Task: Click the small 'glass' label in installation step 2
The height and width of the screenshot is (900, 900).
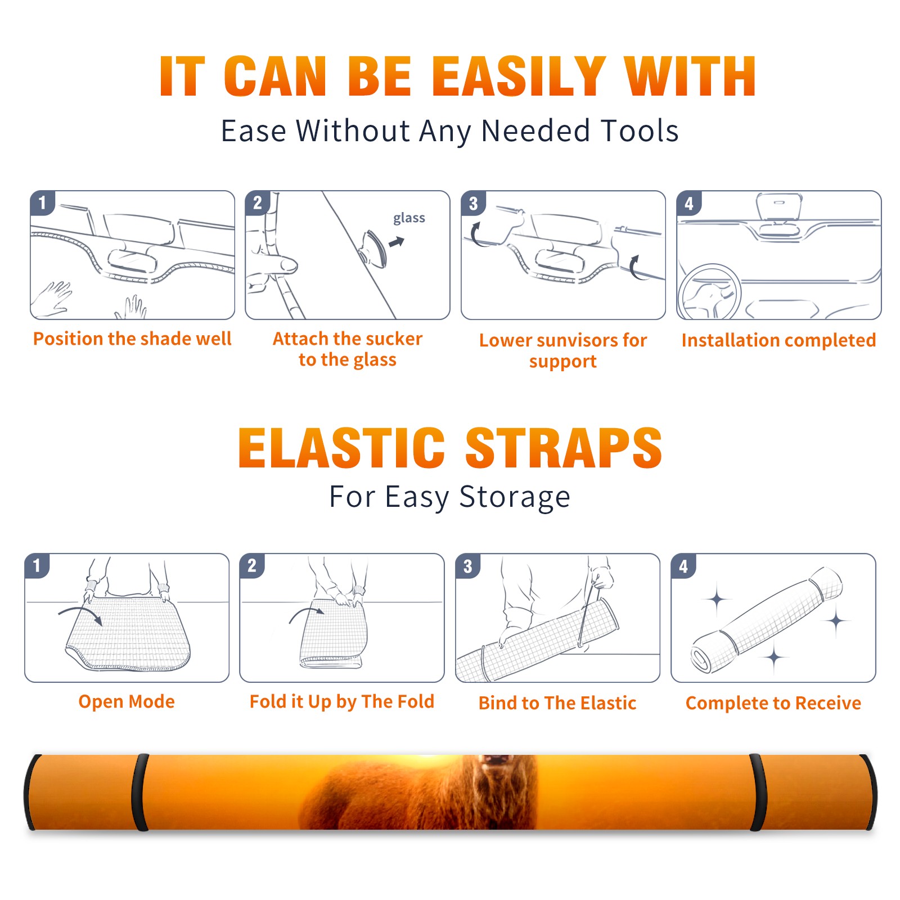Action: (409, 218)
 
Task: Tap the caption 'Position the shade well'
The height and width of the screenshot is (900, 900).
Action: (132, 339)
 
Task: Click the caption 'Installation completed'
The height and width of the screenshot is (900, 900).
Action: (778, 340)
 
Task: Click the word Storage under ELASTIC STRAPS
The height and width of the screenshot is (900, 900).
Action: (514, 497)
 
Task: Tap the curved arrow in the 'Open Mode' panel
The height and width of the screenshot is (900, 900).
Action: (80, 614)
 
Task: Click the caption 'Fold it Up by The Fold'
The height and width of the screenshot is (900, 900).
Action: (342, 701)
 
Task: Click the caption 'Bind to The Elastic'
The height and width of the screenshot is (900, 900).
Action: (557, 703)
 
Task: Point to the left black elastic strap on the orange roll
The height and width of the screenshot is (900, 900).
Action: (140, 792)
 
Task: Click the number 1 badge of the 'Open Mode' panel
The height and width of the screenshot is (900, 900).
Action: (37, 566)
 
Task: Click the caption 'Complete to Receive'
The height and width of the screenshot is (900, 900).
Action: (773, 703)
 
